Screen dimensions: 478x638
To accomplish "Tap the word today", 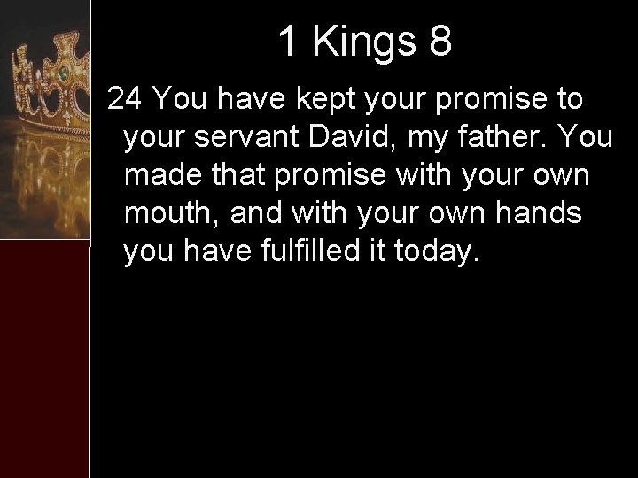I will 442,252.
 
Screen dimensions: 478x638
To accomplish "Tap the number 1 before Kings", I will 287,42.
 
